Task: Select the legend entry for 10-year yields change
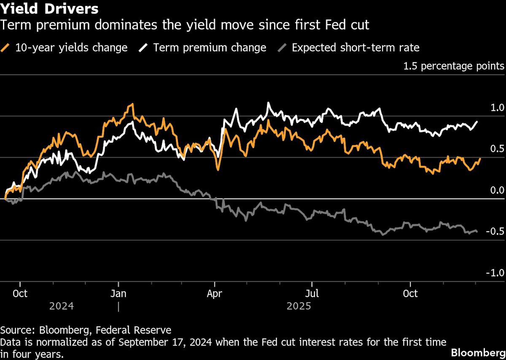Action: point(71,48)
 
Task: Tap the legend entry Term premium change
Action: point(210,48)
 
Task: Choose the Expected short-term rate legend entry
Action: point(355,48)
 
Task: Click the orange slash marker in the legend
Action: point(6,48)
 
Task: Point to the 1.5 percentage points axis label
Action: point(454,66)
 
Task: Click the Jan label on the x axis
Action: point(118,293)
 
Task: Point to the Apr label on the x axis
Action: point(215,293)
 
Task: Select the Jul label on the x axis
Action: point(312,293)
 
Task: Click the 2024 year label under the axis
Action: point(62,306)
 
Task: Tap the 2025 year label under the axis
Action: point(299,306)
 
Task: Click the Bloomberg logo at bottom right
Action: point(477,352)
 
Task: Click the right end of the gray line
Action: point(477,231)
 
